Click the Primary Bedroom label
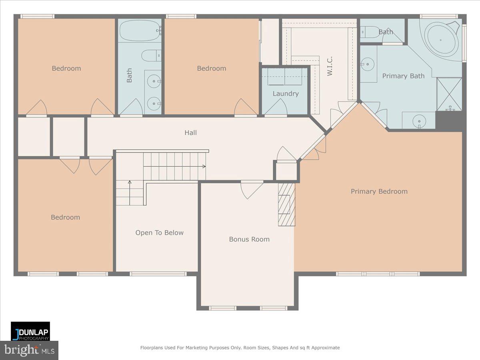(x=379, y=192)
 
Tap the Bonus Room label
(x=249, y=239)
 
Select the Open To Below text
(x=159, y=233)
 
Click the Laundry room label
(x=286, y=94)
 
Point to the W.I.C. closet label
(x=330, y=66)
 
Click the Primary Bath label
(x=403, y=76)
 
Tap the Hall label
(x=190, y=133)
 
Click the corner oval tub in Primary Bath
(x=442, y=40)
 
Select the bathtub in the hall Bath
(x=140, y=31)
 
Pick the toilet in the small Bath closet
(x=370, y=32)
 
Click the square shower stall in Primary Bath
(x=449, y=94)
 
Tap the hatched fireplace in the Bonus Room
(x=287, y=204)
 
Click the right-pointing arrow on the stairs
(x=204, y=166)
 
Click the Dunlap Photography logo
(x=30, y=331)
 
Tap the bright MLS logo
(x=29, y=350)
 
